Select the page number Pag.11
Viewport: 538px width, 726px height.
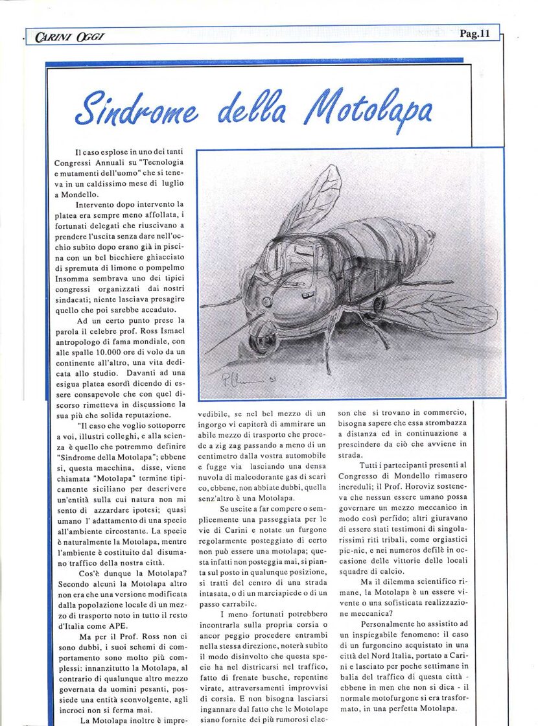(x=474, y=34)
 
